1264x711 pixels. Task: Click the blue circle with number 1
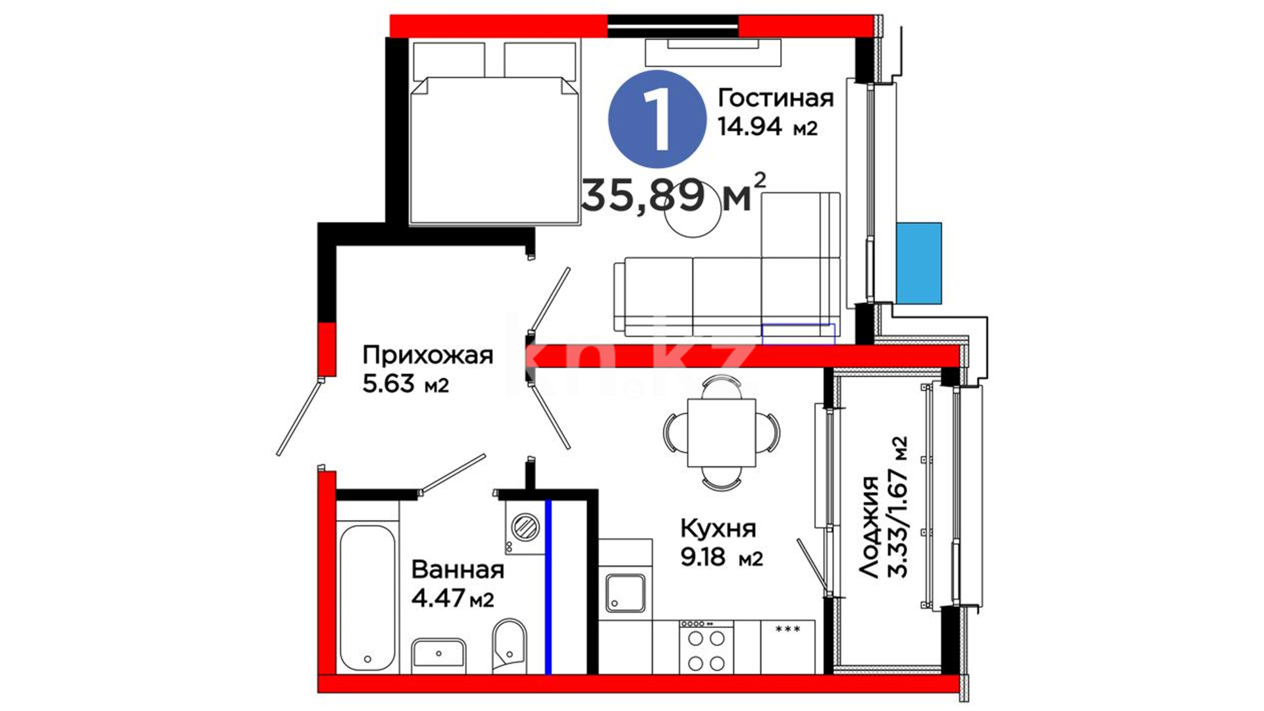point(657,119)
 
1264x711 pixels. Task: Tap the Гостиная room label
point(776,98)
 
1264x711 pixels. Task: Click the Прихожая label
point(427,355)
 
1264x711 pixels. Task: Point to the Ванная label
point(458,569)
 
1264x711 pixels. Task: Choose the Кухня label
point(718,528)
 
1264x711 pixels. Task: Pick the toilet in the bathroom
point(510,646)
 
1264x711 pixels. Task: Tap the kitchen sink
point(625,593)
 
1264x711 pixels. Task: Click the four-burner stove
point(706,647)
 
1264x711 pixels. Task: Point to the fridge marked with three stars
point(788,647)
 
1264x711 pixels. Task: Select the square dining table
point(722,433)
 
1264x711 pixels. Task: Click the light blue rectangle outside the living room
point(918,263)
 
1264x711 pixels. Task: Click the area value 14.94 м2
point(768,126)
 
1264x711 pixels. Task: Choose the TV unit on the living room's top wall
point(714,53)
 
